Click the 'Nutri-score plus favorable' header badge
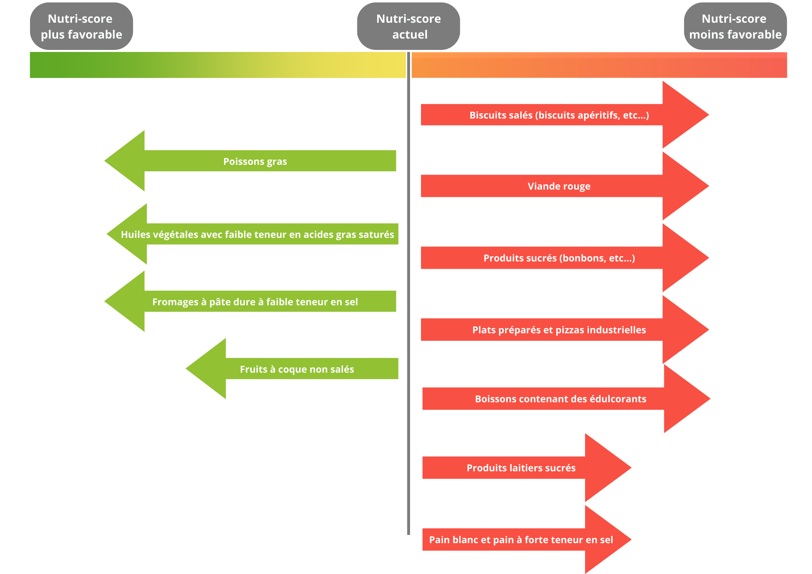pos(81,26)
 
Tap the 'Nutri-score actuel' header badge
pos(408,26)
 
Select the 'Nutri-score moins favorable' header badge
pos(735,26)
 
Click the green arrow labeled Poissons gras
pos(250,161)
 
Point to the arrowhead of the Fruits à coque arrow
pos(206,369)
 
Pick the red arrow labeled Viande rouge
pos(565,186)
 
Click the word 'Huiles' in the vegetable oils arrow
pos(135,234)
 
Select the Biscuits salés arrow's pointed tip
pos(708,115)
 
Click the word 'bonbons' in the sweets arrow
pos(579,258)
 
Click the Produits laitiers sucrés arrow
pos(527,468)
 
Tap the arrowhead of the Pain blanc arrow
pos(608,539)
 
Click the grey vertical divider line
pos(408,293)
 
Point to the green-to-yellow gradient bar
pos(218,65)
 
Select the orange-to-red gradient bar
pos(599,65)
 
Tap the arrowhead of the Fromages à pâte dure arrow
pos(124,301)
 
